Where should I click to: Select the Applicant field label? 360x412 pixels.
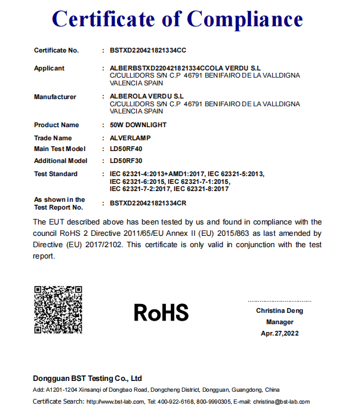tap(49, 68)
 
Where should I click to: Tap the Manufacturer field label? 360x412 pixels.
tap(55, 96)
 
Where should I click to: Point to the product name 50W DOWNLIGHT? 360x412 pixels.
tap(139, 125)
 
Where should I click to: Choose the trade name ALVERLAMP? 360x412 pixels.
tap(130, 138)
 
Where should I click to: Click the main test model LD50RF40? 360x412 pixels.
tap(127, 149)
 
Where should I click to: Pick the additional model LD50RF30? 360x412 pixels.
tap(127, 161)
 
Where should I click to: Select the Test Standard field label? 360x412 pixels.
tap(56, 174)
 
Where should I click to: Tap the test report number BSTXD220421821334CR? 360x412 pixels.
tap(149, 204)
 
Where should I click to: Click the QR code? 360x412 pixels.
tap(58, 310)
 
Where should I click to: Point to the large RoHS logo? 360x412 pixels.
tap(161, 312)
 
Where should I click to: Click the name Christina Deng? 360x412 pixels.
tap(279, 310)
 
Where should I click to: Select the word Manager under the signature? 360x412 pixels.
tap(279, 322)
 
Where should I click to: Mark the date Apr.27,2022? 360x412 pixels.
tap(279, 333)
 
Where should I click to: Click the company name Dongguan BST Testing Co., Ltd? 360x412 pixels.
tap(87, 378)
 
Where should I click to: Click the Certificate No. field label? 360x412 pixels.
tap(56, 50)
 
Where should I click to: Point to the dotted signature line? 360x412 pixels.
tap(279, 301)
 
